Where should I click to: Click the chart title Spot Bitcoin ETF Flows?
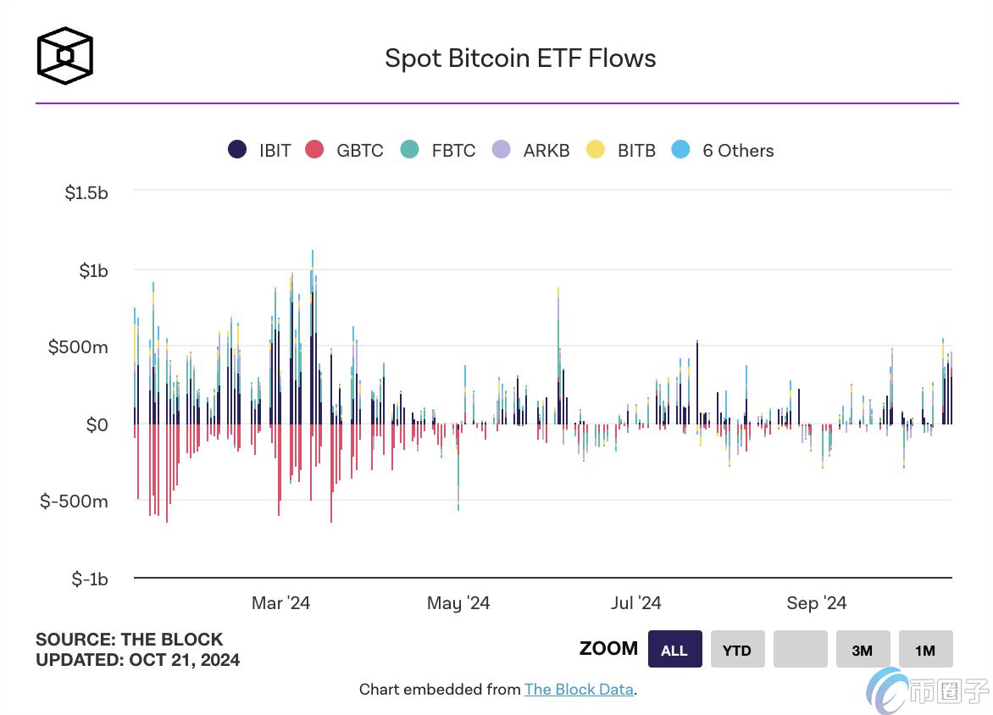point(520,58)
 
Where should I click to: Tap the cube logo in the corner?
point(64,56)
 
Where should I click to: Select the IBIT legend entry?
point(260,151)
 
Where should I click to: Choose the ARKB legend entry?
point(530,151)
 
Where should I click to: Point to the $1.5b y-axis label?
point(86,193)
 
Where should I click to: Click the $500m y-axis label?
point(78,347)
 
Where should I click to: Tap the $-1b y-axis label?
point(90,579)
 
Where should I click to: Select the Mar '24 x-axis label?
point(280,603)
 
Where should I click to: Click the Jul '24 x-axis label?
point(635,603)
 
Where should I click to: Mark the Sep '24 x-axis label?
point(816,603)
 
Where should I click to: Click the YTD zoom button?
point(737,650)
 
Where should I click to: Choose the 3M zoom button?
point(863,650)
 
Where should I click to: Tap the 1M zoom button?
point(925,650)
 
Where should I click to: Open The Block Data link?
point(579,690)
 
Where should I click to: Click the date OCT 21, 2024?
point(185,660)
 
